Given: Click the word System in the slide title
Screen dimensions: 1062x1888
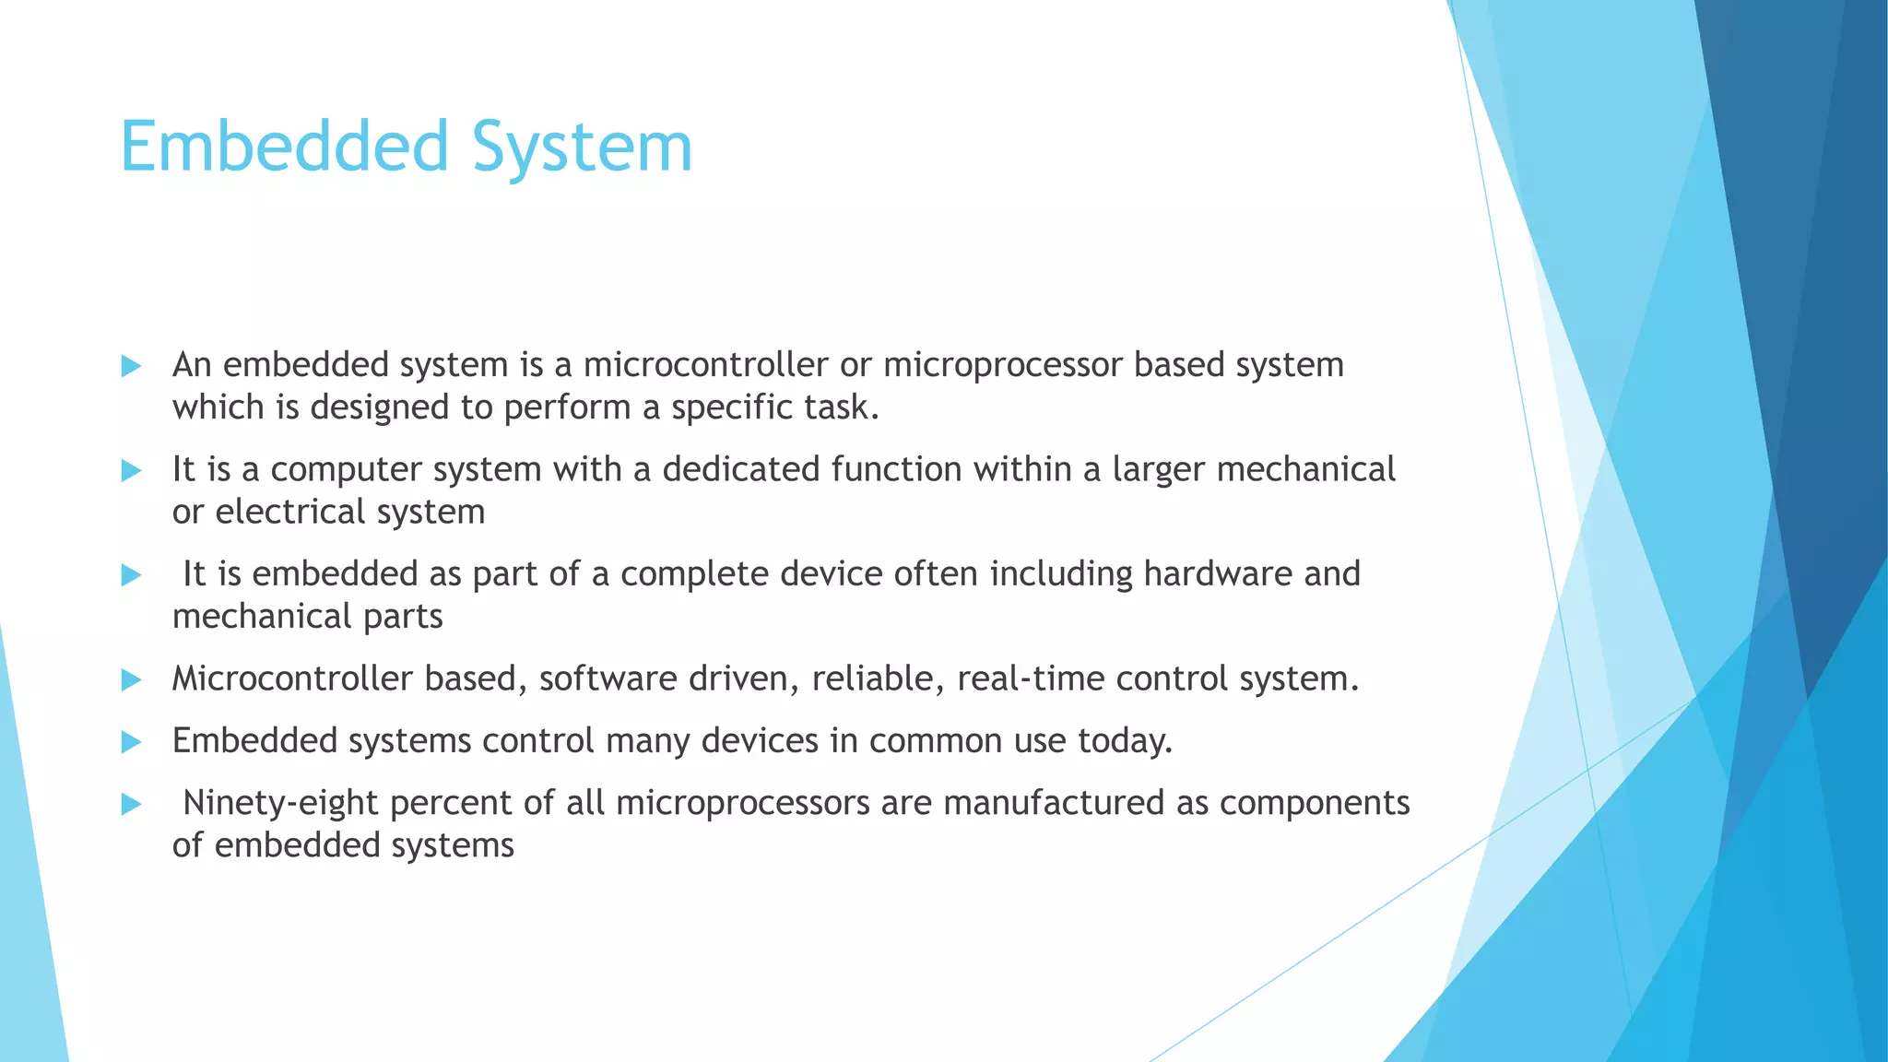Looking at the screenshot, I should [582, 147].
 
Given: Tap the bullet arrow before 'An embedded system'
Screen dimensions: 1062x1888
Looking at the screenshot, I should [131, 367].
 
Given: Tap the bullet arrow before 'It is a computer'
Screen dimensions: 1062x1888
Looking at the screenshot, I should [131, 471].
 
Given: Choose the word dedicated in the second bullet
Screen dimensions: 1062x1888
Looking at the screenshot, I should [740, 469].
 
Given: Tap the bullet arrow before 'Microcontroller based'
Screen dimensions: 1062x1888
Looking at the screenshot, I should [131, 680].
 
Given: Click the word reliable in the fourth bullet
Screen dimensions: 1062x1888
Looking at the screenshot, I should [878, 679].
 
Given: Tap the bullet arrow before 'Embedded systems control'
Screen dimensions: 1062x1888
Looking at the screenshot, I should [131, 742].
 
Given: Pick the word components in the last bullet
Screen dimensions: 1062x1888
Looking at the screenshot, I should [1315, 804].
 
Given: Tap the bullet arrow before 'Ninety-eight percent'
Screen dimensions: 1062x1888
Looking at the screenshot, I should [131, 805].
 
